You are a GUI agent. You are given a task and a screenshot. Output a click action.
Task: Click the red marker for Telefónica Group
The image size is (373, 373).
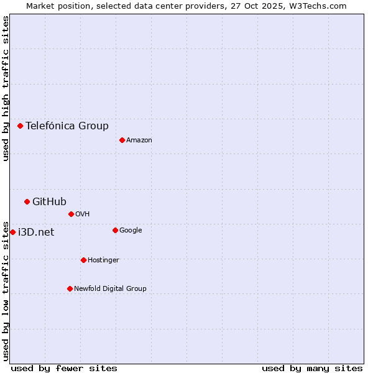pyautogui.click(x=20, y=126)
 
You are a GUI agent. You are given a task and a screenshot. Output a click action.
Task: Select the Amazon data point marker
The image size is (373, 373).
pyautogui.click(x=122, y=140)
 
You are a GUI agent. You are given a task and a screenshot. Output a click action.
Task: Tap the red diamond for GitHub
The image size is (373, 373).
pyautogui.click(x=27, y=201)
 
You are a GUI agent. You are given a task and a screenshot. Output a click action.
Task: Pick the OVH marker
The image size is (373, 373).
pyautogui.click(x=71, y=214)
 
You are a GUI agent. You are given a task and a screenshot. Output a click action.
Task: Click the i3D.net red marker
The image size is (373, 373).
pyautogui.click(x=12, y=232)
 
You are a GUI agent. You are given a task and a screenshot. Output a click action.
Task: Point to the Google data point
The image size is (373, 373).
pyautogui.click(x=115, y=230)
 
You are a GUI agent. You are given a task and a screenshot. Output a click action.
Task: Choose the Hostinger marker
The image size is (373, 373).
pyautogui.click(x=83, y=260)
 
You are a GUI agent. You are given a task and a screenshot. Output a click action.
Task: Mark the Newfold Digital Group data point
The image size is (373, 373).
pyautogui.click(x=70, y=288)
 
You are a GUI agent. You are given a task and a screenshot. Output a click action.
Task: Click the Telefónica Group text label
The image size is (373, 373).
pyautogui.click(x=67, y=126)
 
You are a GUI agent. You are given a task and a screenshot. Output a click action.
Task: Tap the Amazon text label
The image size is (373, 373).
pyautogui.click(x=139, y=140)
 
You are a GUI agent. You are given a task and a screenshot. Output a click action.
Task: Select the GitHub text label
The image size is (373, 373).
pyautogui.click(x=49, y=201)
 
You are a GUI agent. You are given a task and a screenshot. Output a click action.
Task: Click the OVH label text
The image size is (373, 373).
pyautogui.click(x=83, y=214)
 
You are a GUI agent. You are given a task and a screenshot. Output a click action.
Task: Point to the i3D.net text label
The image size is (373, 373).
pyautogui.click(x=36, y=233)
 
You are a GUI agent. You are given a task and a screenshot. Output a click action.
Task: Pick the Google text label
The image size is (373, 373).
pyautogui.click(x=131, y=231)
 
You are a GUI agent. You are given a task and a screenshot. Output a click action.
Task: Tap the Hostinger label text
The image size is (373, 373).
pyautogui.click(x=103, y=260)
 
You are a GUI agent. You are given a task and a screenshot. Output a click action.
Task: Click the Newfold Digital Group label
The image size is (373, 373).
pyautogui.click(x=110, y=288)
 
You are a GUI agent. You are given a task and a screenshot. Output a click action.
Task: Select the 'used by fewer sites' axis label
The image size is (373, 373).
pyautogui.click(x=64, y=368)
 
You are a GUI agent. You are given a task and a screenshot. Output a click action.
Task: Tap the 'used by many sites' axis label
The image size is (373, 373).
pyautogui.click(x=312, y=368)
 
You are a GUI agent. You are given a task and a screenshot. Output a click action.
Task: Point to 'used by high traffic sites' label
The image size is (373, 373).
pyautogui.click(x=6, y=88)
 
